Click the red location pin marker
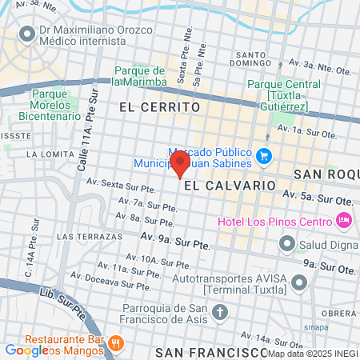(180, 163)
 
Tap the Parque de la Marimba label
(139, 76)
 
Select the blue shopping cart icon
(265, 156)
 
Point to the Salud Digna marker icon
(286, 243)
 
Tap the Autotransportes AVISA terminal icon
(300, 282)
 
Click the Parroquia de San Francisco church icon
(222, 312)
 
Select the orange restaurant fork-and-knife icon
(116, 342)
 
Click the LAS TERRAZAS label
(90, 237)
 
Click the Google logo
(26, 350)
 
